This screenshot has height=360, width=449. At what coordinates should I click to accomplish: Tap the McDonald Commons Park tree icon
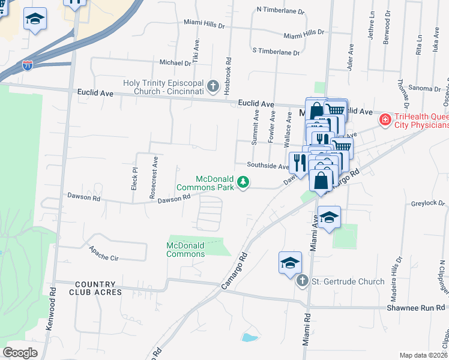[243, 181]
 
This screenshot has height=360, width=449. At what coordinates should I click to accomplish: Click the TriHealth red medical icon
[384, 120]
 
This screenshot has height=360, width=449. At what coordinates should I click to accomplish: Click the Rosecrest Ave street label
[154, 178]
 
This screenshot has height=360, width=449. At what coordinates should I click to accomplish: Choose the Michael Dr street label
[175, 62]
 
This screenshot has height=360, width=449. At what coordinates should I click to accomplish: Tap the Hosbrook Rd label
[228, 74]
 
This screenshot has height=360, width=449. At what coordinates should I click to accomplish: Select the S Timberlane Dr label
[276, 52]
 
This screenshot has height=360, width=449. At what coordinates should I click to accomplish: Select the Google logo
[20, 353]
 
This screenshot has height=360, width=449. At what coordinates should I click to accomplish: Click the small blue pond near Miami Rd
[248, 337]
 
